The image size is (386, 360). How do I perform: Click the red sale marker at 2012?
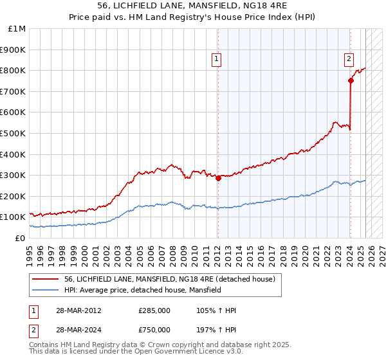point(218,178)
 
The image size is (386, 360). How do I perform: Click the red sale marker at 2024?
point(351,80)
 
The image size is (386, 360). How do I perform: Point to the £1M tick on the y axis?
point(17,29)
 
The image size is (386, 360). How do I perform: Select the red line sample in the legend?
point(46,279)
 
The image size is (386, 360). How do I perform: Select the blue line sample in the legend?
point(46,291)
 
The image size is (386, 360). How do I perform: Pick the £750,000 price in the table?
point(154,331)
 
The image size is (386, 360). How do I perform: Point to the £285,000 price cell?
point(154,310)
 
